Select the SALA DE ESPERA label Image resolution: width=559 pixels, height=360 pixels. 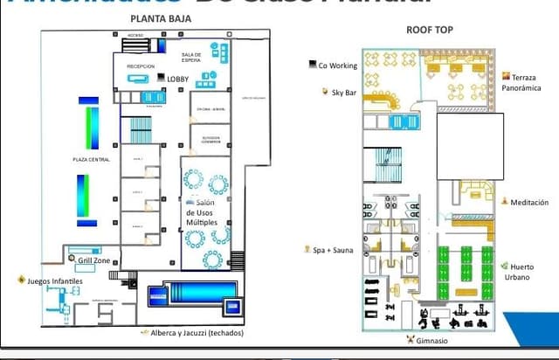pos(191,57)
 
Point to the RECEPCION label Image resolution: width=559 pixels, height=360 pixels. pos(140,66)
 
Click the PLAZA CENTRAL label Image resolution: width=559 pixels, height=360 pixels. pos(90,159)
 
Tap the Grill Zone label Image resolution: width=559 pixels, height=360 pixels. pos(93,260)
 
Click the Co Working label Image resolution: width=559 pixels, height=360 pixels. pos(336,65)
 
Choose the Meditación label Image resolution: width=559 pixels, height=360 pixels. pos(529,202)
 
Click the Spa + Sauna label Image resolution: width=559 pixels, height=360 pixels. pos(333,250)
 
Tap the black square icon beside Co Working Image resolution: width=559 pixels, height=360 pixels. pos(313,64)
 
